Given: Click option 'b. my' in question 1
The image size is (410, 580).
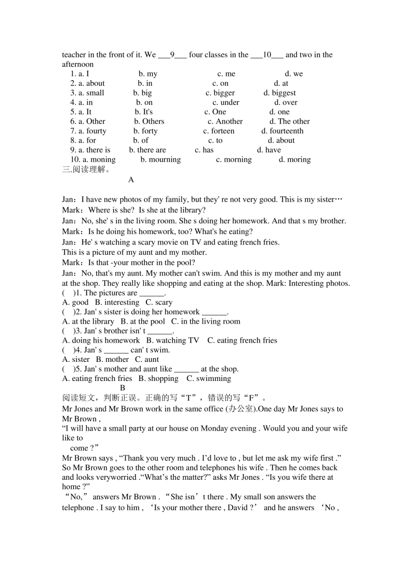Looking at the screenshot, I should tap(148, 74).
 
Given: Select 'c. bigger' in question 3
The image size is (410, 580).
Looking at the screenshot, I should tap(220, 93).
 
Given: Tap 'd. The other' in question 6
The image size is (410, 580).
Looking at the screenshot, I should tap(290, 121).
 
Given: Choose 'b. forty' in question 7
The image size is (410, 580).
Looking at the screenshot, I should tap(145, 131).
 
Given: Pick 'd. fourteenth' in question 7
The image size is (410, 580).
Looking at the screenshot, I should tap(282, 131).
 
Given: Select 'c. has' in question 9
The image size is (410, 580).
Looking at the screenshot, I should tap(204, 150).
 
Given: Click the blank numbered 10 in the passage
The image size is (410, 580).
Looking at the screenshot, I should tap(267, 55).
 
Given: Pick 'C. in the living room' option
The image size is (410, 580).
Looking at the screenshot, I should tap(206, 322).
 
